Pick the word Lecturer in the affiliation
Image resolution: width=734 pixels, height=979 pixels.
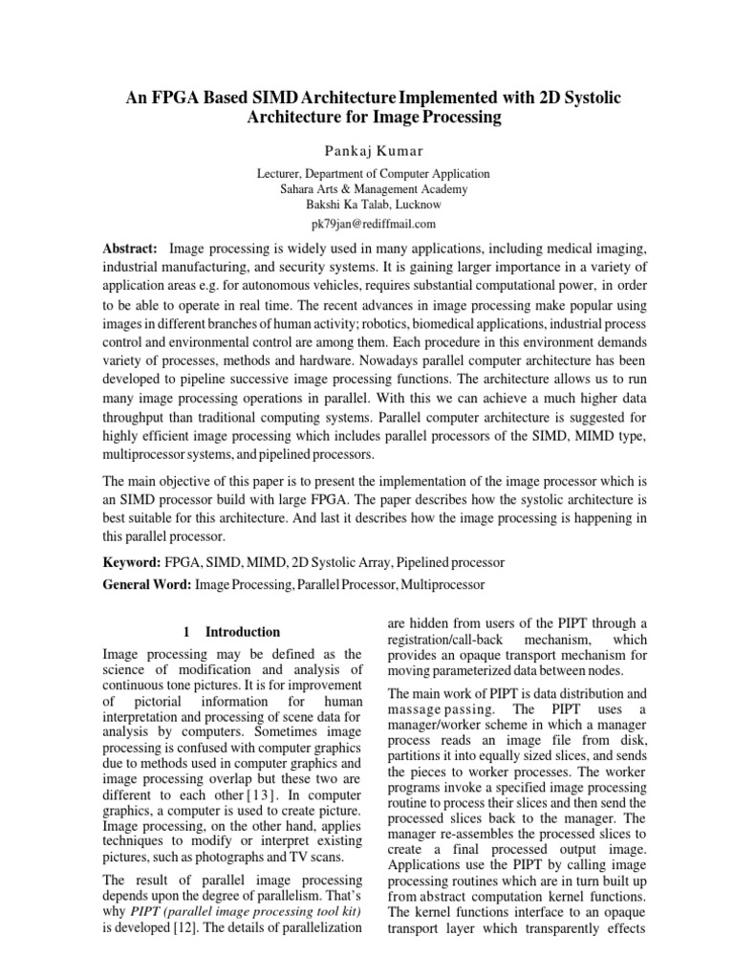[283, 174]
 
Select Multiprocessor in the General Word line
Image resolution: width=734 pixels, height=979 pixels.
[443, 583]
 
